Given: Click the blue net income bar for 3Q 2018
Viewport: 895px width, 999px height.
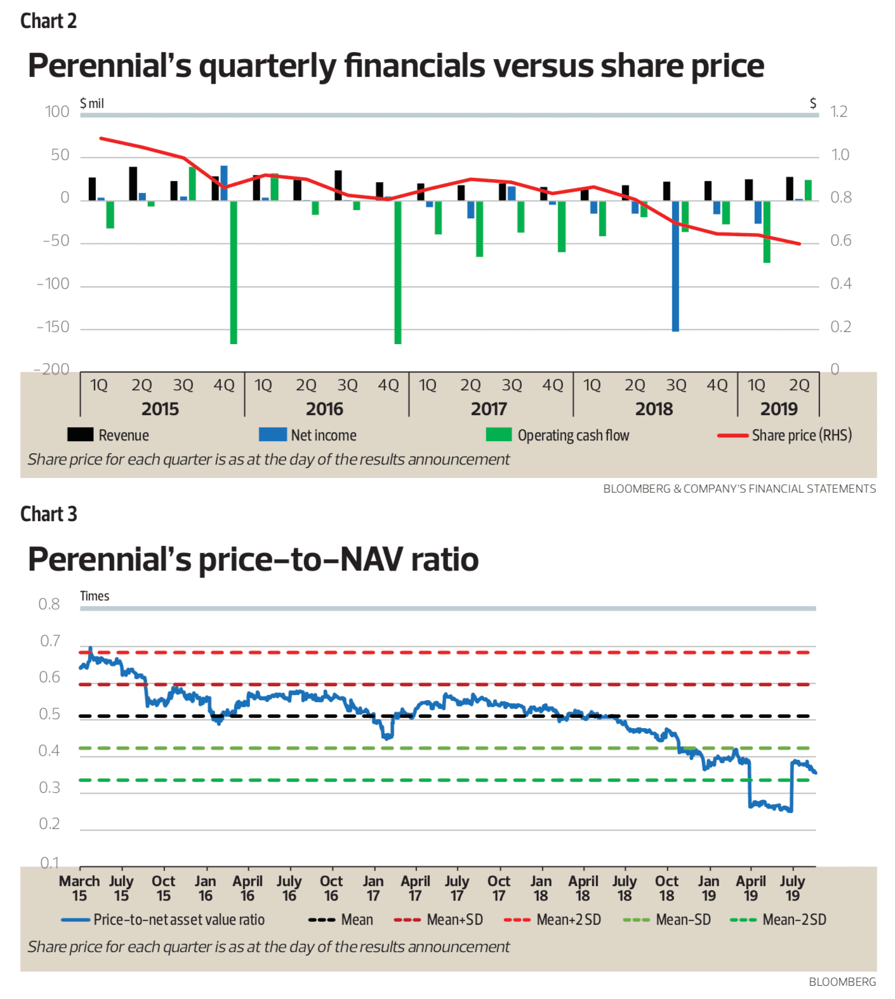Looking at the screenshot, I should coord(675,266).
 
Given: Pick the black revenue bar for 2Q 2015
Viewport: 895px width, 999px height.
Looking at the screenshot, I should coord(133,183).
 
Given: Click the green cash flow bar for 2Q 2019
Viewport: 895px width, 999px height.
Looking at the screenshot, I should coord(808,190).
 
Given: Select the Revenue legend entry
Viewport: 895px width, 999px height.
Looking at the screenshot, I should coord(109,435).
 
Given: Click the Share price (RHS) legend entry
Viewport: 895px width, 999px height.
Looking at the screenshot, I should coord(785,435).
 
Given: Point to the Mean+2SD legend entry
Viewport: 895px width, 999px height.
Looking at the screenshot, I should coord(552,920).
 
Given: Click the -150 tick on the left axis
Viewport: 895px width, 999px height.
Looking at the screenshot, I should coord(53,327).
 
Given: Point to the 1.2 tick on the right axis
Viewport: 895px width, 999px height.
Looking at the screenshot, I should coord(839,112).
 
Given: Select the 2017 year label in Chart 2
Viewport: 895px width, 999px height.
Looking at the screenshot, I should coord(489,409).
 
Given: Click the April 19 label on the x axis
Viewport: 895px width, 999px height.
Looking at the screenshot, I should coord(751,888).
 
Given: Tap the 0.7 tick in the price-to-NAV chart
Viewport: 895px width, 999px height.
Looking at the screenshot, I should coord(50,641).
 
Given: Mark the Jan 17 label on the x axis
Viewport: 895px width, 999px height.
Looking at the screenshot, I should coord(373,888).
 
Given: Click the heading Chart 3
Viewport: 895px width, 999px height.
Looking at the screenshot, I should coord(49,513).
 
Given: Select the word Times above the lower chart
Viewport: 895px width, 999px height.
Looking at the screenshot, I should coord(95,596).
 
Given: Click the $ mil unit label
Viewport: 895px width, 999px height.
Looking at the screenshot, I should coord(92,103).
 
